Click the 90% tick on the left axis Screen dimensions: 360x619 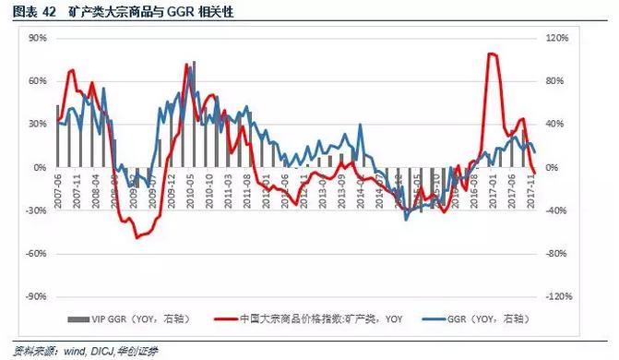[x=38, y=39]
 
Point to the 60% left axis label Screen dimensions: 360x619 [x=38, y=81]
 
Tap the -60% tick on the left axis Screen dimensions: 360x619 [x=37, y=253]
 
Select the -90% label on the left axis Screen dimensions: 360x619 [x=37, y=296]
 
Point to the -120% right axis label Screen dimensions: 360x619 [x=559, y=296]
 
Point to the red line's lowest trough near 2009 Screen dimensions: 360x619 [x=138, y=237]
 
